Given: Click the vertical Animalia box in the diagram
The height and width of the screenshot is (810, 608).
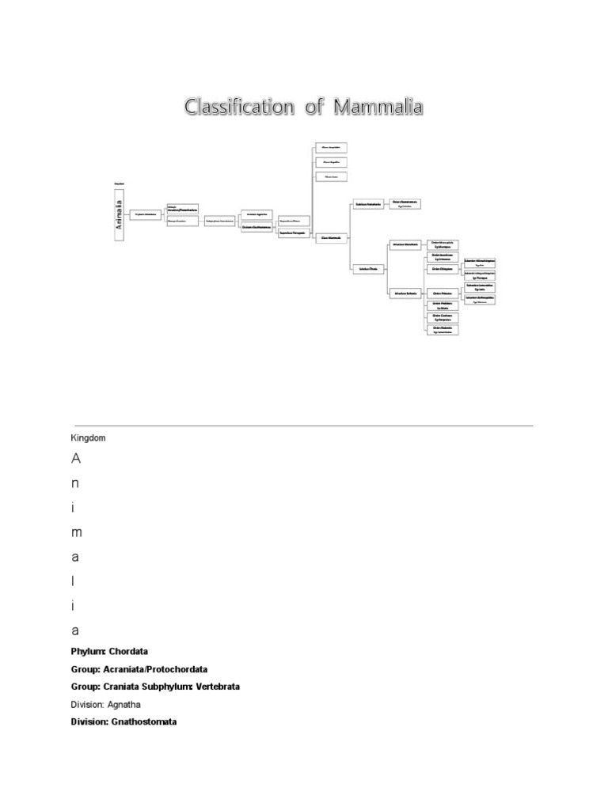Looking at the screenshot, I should [x=120, y=215].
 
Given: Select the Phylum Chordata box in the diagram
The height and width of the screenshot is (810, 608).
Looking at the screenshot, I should [x=146, y=214].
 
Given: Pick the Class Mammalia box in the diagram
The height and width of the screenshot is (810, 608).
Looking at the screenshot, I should [x=331, y=237].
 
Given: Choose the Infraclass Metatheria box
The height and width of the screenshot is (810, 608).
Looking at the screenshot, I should [x=406, y=245].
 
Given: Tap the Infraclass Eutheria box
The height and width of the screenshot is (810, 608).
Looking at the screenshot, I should [x=406, y=293].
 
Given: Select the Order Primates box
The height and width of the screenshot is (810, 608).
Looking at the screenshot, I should [x=442, y=293].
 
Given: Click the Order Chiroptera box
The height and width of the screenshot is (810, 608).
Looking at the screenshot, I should [x=442, y=269].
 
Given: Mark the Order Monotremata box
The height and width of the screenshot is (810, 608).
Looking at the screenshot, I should [x=405, y=204].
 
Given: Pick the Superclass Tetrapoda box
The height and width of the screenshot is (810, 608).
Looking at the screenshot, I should [x=293, y=234].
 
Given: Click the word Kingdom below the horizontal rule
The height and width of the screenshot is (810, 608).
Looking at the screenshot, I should [x=88, y=437].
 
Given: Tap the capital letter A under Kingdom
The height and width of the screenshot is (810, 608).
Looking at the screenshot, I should [x=76, y=459].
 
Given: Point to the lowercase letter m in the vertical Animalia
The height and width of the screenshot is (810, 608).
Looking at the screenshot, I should [x=76, y=532].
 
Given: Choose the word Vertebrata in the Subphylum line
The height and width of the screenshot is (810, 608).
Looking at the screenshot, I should [x=214, y=687].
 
